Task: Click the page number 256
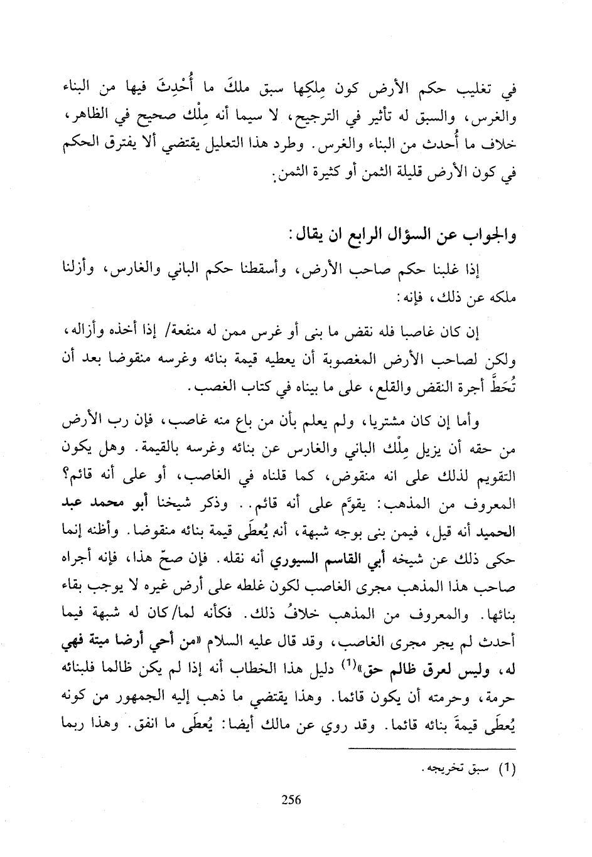click(292, 799)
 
